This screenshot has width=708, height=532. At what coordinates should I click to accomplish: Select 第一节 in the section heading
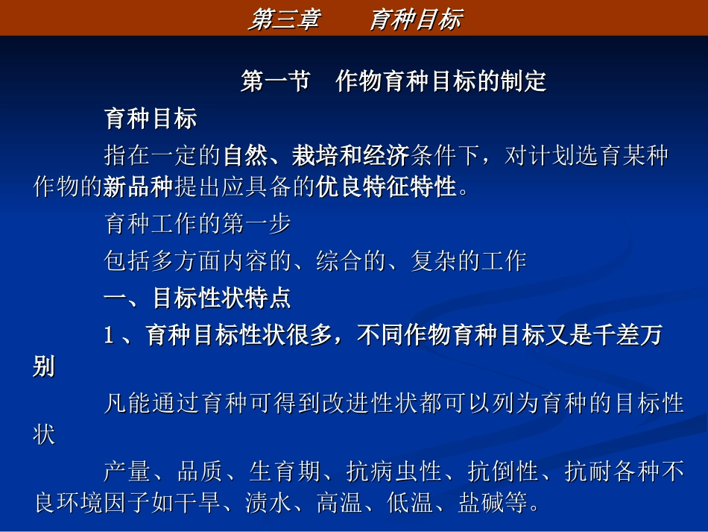[x=276, y=81]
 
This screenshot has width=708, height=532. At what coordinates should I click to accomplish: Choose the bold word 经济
[x=387, y=155]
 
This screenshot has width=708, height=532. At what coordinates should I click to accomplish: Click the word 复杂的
[x=446, y=261]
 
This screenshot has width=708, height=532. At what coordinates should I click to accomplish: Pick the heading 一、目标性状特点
[x=197, y=298]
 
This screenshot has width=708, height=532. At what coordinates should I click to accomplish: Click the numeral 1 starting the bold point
[x=109, y=337]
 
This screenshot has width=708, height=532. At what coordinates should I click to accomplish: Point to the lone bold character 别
[x=44, y=367]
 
